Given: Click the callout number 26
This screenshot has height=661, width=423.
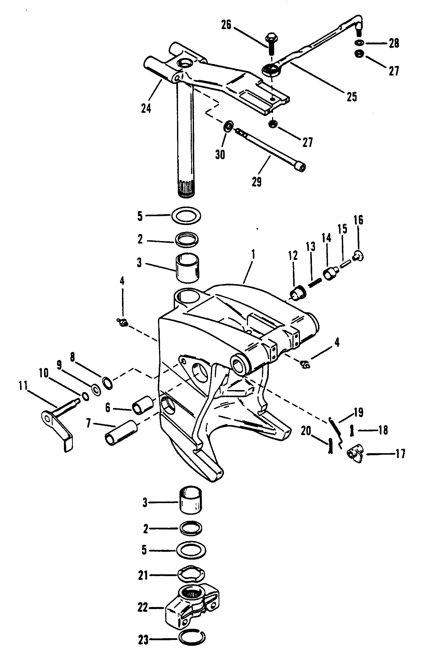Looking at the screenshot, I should (x=227, y=26).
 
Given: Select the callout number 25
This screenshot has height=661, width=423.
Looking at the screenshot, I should (x=351, y=97).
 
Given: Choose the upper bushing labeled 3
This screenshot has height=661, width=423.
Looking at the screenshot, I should (x=187, y=268).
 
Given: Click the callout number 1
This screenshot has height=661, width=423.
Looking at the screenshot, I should (x=253, y=254).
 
